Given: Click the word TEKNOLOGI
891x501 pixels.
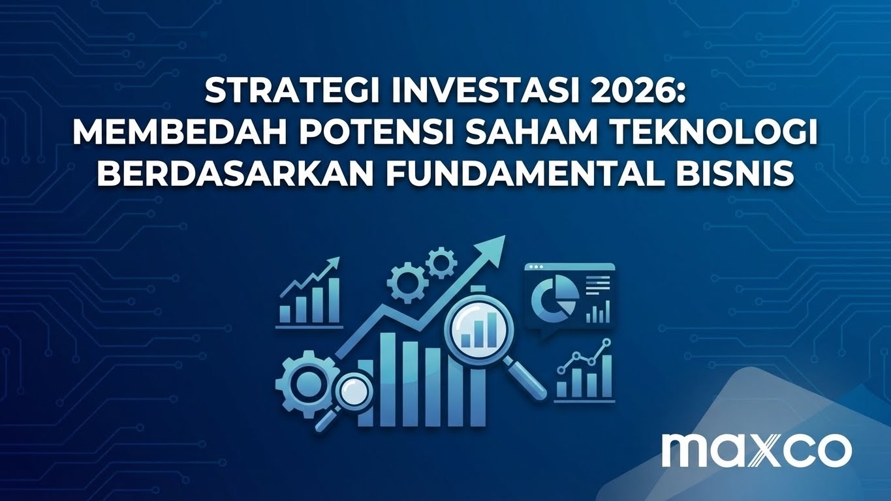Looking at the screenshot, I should [x=723, y=134].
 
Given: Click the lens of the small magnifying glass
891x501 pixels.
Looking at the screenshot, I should [x=353, y=390].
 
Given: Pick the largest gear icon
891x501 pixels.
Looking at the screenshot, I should [x=303, y=386].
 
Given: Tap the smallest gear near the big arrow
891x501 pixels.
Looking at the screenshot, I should [x=441, y=263].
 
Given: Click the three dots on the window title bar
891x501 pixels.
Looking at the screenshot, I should [x=536, y=267].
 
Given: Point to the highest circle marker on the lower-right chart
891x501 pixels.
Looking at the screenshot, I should [x=607, y=342].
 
